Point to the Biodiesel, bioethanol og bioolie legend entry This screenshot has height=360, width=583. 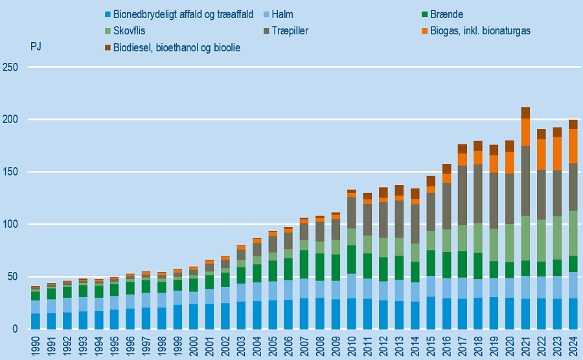[176, 48]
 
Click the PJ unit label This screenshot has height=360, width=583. [36, 47]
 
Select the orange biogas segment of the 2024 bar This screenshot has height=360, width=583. [573, 146]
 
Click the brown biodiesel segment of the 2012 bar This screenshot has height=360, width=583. [383, 192]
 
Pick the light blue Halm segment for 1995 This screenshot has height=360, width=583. [114, 303]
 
